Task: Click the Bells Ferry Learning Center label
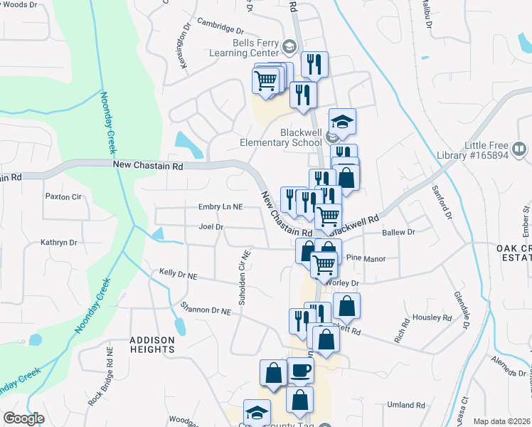[x=245, y=47]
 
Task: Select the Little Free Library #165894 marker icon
[x=520, y=149]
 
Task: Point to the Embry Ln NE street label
[x=221, y=206]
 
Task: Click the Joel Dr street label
[x=211, y=227]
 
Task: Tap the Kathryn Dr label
[x=58, y=242]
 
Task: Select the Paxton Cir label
[x=63, y=196]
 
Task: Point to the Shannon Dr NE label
[x=206, y=310]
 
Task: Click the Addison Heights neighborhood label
[x=152, y=344]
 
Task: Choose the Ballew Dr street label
[x=398, y=232]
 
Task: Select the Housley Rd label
[x=432, y=317]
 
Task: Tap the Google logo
[x=23, y=418]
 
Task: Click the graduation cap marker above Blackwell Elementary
[x=342, y=120]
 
